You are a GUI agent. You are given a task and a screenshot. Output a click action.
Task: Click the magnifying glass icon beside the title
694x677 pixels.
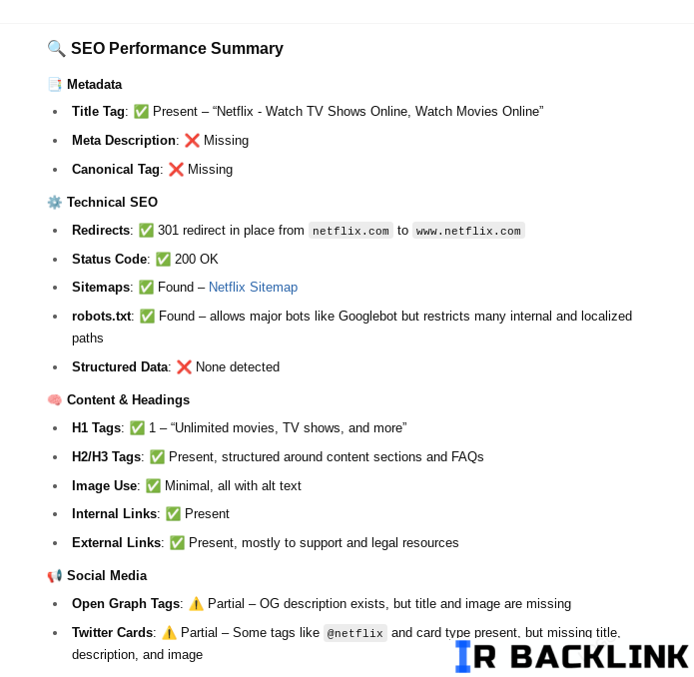pyautogui.click(x=56, y=48)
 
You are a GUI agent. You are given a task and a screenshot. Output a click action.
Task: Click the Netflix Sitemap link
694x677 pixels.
pyautogui.click(x=253, y=288)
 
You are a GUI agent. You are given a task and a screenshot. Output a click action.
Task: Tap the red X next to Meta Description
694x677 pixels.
pyautogui.click(x=192, y=140)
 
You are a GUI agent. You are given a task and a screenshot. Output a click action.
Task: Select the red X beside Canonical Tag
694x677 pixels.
pyautogui.click(x=176, y=169)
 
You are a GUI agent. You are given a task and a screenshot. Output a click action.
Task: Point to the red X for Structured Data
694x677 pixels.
pyautogui.click(x=184, y=366)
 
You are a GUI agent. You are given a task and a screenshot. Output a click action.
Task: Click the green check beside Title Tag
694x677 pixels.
pyautogui.click(x=141, y=112)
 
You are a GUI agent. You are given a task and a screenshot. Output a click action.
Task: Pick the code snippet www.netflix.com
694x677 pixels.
pyautogui.click(x=468, y=231)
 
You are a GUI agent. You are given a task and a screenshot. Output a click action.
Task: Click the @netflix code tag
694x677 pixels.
pyautogui.click(x=354, y=633)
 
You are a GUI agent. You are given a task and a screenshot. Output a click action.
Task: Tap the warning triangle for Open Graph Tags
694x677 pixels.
pyautogui.click(x=196, y=603)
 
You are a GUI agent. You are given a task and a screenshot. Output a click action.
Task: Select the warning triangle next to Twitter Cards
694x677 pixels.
pyautogui.click(x=169, y=633)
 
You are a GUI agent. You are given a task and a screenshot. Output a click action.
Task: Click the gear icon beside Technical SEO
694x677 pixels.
pyautogui.click(x=55, y=203)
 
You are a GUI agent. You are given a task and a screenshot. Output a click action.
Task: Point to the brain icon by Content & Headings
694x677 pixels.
pyautogui.click(x=55, y=400)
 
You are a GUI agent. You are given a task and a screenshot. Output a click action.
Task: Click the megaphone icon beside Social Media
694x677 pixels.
pyautogui.click(x=55, y=576)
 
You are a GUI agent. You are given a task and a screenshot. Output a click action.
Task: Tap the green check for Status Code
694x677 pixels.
pyautogui.click(x=163, y=259)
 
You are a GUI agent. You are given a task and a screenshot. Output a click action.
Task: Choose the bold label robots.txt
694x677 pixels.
pyautogui.click(x=102, y=316)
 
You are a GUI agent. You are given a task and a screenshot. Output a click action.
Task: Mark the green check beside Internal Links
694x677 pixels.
pyautogui.click(x=173, y=513)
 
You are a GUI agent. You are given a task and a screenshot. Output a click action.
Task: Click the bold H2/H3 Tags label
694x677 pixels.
pyautogui.click(x=107, y=456)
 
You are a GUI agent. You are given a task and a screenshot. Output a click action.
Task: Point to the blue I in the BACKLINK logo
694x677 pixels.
pyautogui.click(x=463, y=656)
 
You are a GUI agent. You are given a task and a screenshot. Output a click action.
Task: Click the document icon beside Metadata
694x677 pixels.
pyautogui.click(x=55, y=84)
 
